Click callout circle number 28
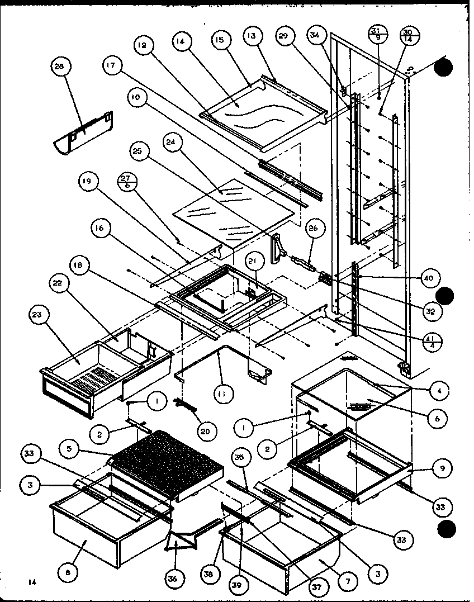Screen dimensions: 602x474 point(59,66)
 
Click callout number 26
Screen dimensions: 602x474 point(312,227)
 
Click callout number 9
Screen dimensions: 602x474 point(442,469)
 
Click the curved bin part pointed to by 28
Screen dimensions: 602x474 point(84,134)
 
